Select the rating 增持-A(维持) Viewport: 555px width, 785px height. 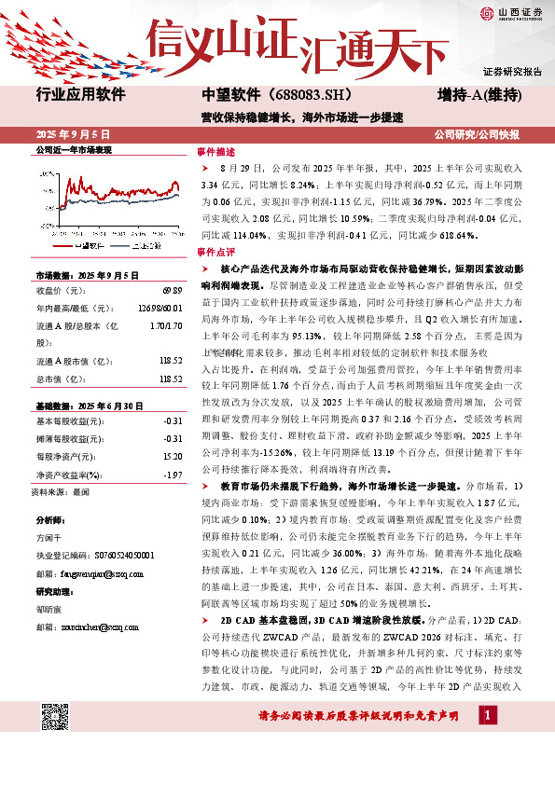coord(479,95)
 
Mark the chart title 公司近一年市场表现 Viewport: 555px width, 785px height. coord(73,150)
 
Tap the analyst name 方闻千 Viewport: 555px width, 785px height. coord(49,538)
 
